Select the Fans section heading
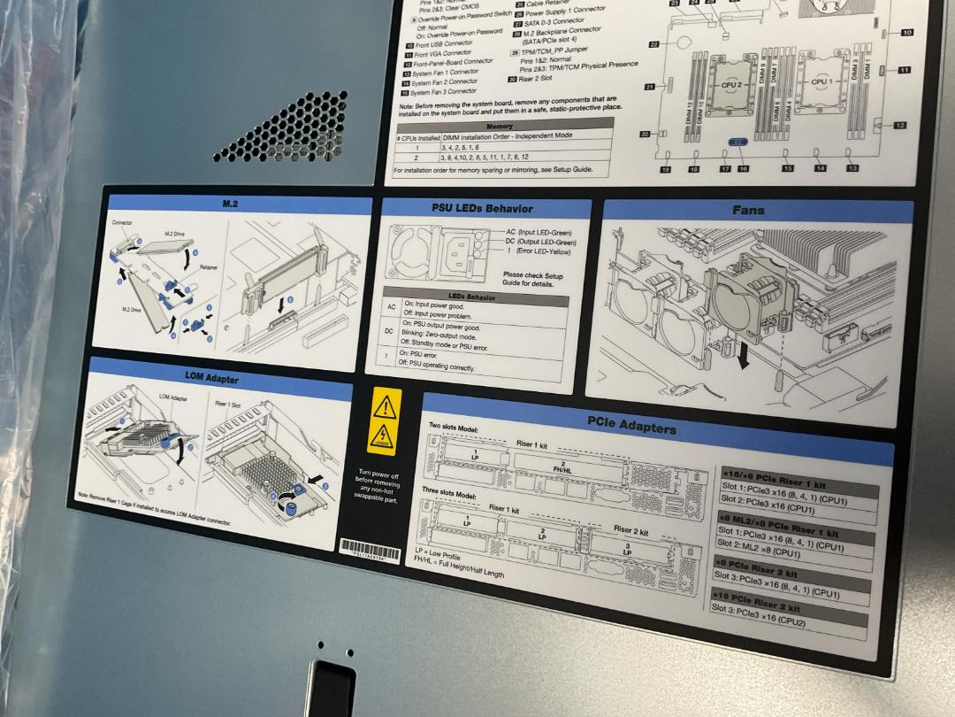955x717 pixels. [748, 211]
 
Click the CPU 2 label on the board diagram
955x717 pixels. [730, 85]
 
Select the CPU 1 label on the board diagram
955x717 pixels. [821, 81]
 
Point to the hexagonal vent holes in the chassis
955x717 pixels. [279, 129]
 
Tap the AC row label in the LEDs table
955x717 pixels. [392, 306]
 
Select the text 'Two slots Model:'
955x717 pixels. [454, 428]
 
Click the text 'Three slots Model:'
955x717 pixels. [448, 492]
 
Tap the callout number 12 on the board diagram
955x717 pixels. [899, 126]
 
